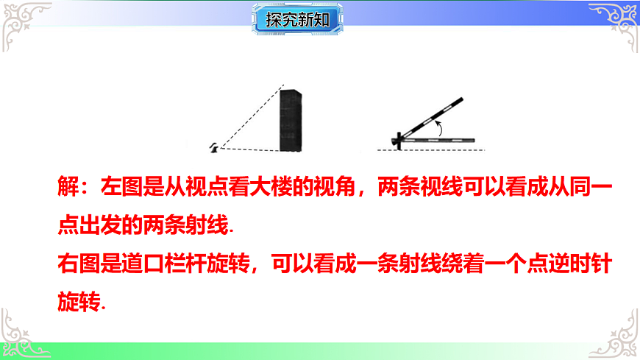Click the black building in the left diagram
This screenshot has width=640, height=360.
pos(291,120)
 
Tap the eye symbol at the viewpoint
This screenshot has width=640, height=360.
pos(215,147)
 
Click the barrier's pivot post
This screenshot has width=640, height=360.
pos(397,140)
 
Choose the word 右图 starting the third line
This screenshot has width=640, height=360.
pos(78,262)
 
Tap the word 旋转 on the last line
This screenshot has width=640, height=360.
pos(78,300)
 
